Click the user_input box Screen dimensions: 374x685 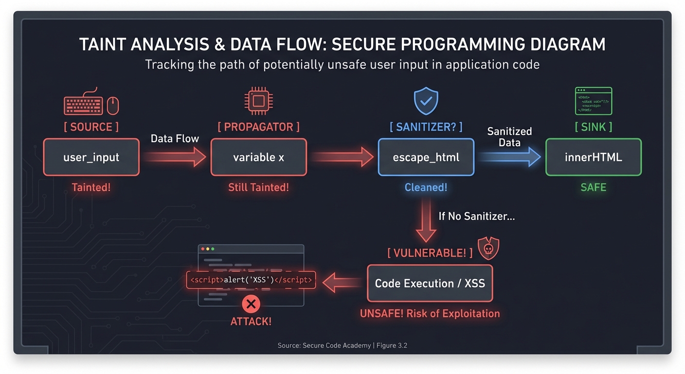91,157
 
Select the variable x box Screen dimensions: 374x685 258,157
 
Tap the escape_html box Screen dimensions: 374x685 426,157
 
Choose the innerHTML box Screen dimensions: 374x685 593,157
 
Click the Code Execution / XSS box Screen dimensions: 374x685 430,283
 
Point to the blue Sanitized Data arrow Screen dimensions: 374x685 509,157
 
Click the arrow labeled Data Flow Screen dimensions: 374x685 175,157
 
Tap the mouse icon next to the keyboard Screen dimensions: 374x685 113,105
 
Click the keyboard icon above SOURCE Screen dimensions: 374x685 84,103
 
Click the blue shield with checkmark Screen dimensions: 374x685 426,102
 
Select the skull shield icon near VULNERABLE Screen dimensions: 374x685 488,248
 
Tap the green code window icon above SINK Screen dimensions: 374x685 593,101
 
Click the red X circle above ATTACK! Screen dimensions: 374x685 251,305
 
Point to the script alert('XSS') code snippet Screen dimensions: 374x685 251,280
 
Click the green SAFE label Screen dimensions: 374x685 593,187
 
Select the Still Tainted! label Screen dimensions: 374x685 258,187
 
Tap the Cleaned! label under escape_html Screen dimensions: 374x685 426,187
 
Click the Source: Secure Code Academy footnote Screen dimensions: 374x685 342,345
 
